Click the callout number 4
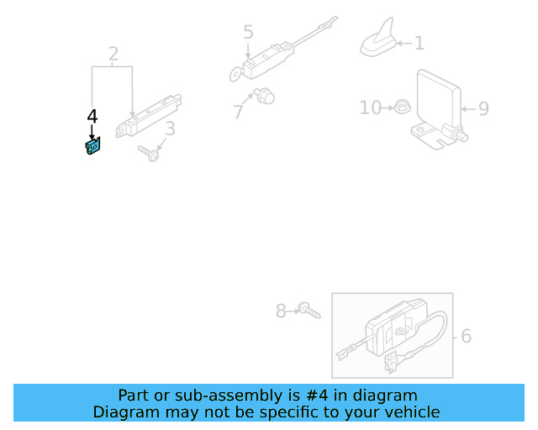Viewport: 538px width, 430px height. coord(92,116)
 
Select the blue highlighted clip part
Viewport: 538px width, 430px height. coord(92,148)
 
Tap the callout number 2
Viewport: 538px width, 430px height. coord(113,55)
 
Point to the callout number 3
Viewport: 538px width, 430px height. coord(170,128)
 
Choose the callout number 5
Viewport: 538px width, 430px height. coord(248,33)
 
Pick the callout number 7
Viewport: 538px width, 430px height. coord(239,111)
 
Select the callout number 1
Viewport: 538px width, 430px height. coord(419,43)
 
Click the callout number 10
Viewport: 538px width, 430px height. coord(370,107)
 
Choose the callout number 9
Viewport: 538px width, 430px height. coord(483,108)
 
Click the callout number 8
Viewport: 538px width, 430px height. coord(282,312)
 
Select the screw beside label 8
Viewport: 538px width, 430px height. coord(309,312)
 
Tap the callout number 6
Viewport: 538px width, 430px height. coord(466,337)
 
